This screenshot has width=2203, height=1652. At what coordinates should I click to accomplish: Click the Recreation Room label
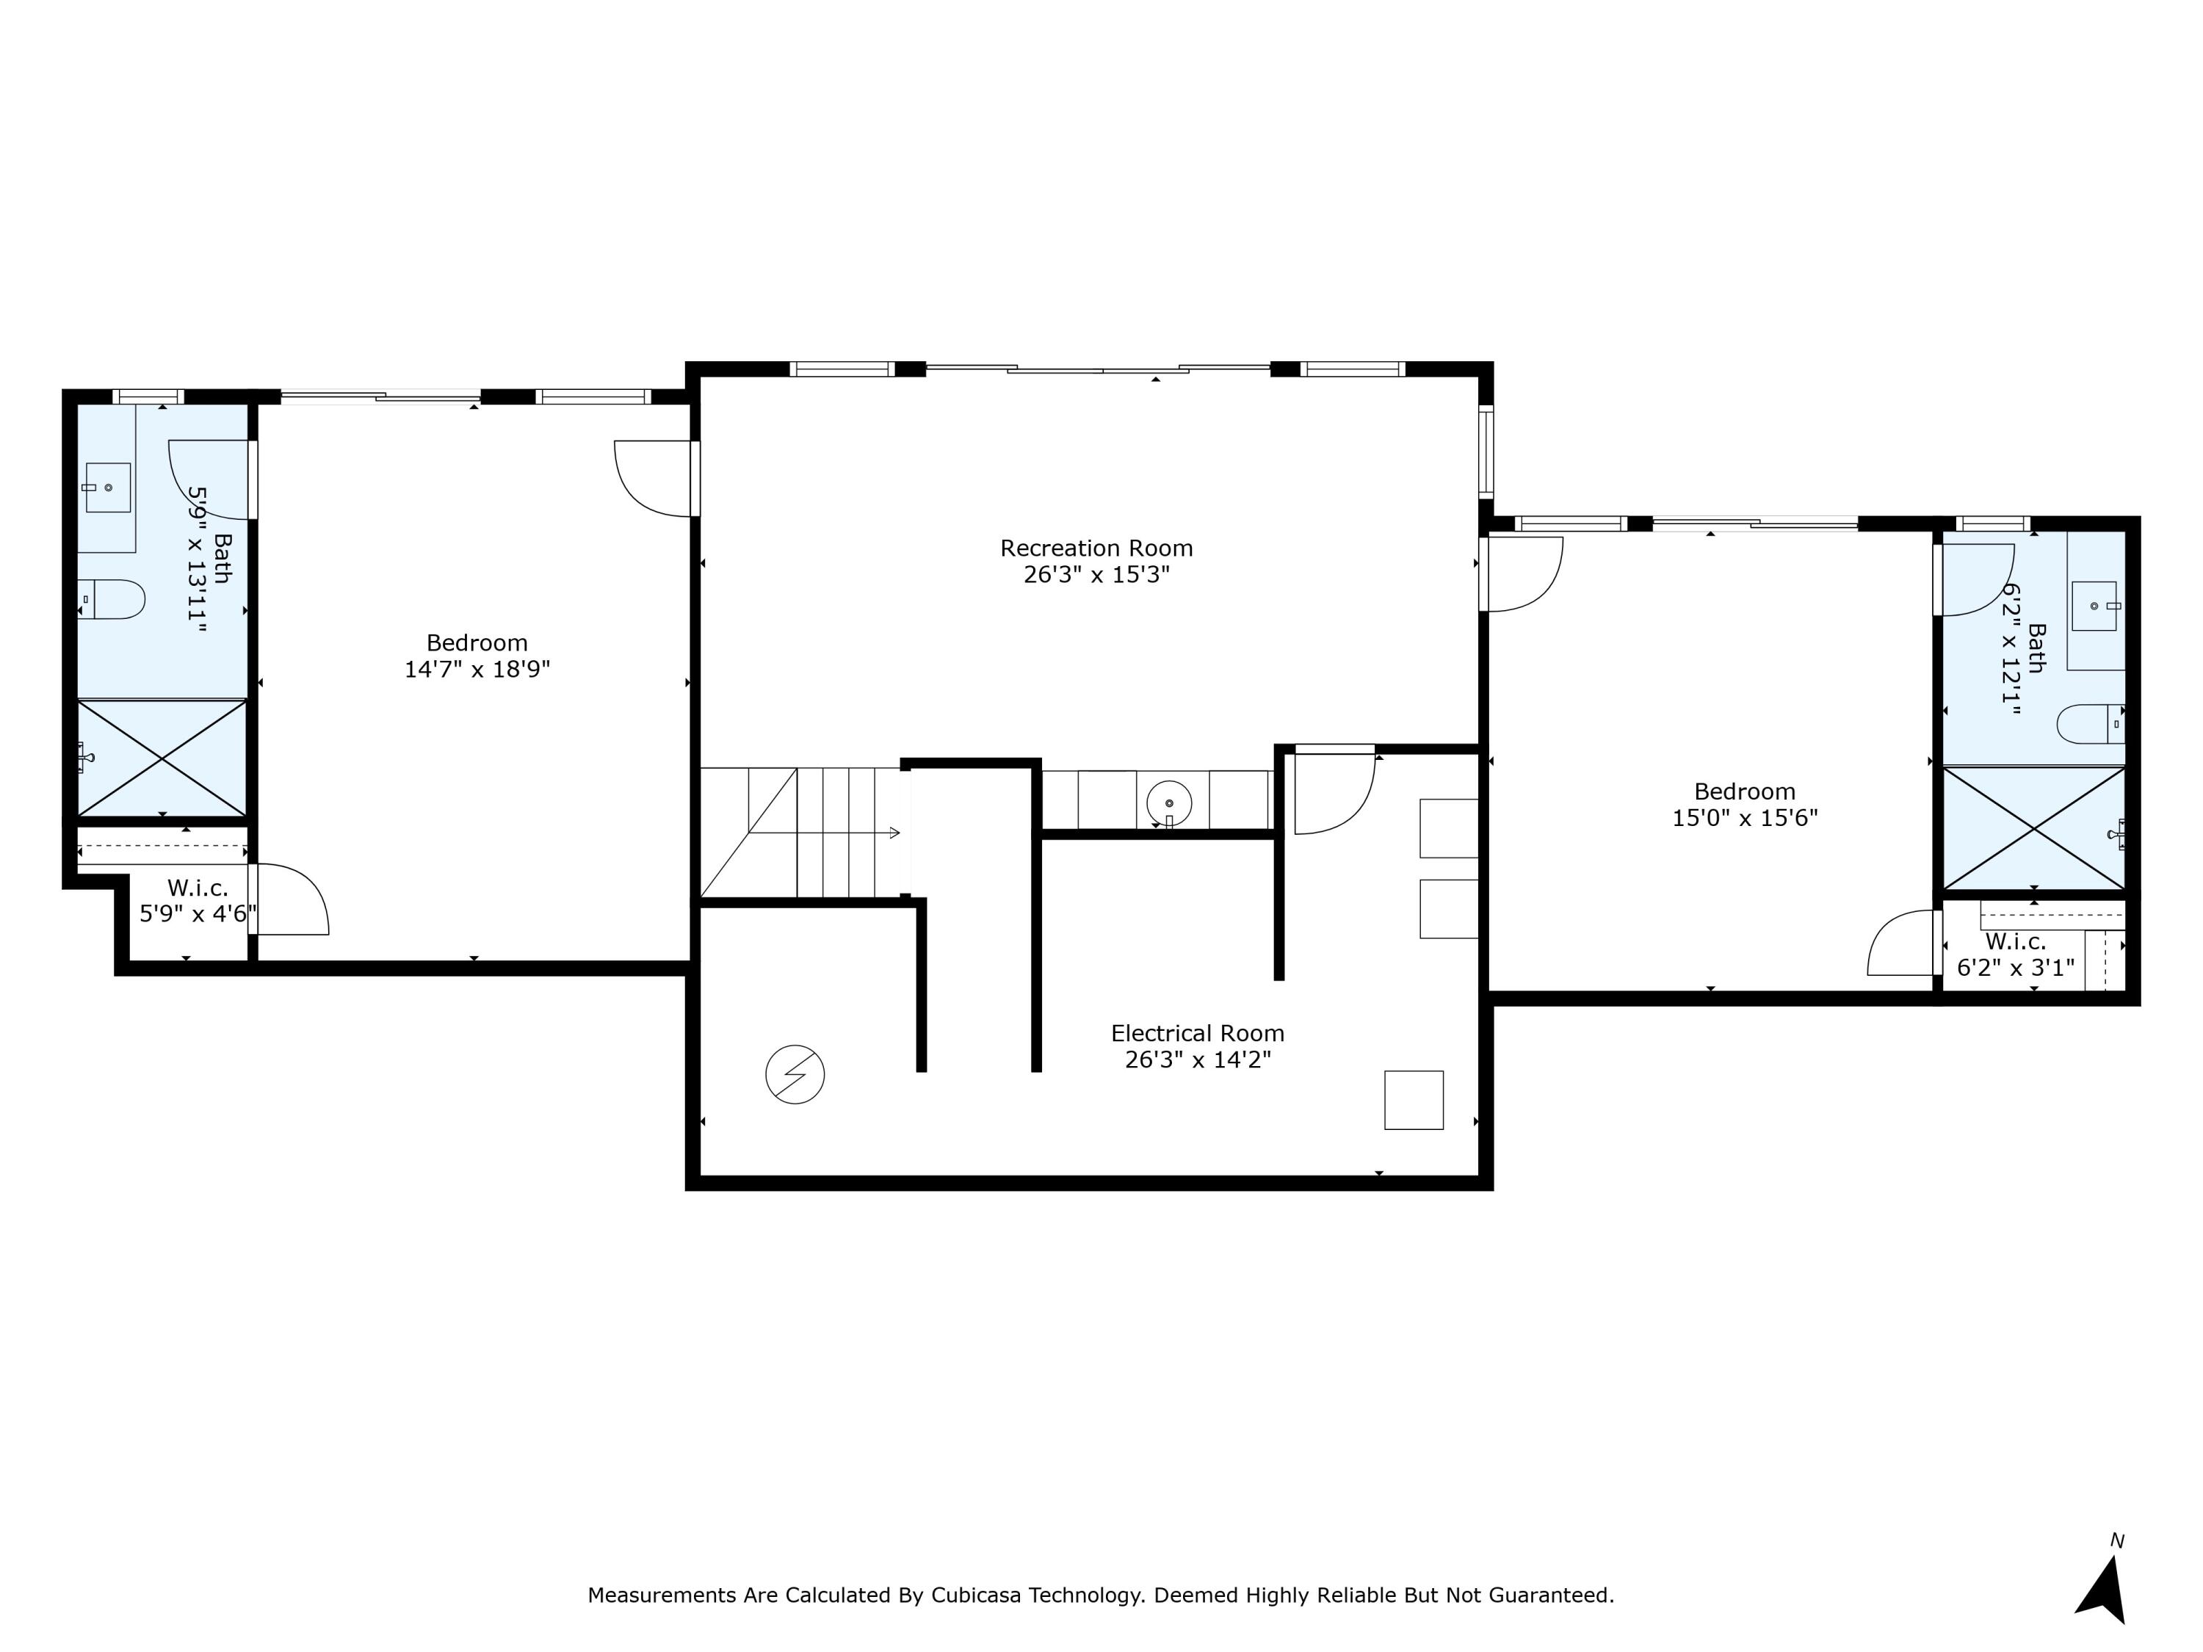[1096, 548]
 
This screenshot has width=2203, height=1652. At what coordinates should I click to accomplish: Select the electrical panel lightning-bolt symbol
[795, 1073]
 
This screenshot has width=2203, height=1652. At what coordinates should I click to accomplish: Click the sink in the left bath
[107, 487]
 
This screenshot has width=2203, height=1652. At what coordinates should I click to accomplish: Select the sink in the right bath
[2094, 606]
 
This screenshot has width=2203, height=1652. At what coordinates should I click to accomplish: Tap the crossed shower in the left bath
[162, 758]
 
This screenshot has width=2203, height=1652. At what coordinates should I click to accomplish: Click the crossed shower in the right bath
[2033, 827]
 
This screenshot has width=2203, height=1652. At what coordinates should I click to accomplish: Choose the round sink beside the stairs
[1169, 803]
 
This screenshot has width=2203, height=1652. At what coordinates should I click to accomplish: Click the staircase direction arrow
[894, 833]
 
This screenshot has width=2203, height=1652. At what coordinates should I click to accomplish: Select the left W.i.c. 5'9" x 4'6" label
[198, 901]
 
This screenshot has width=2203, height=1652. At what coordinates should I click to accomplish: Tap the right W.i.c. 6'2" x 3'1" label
[2015, 954]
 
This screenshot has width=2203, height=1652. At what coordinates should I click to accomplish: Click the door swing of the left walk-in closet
[291, 900]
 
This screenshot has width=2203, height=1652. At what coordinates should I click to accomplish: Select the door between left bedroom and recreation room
[654, 479]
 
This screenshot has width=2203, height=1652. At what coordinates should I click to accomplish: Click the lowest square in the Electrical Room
[1414, 1099]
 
